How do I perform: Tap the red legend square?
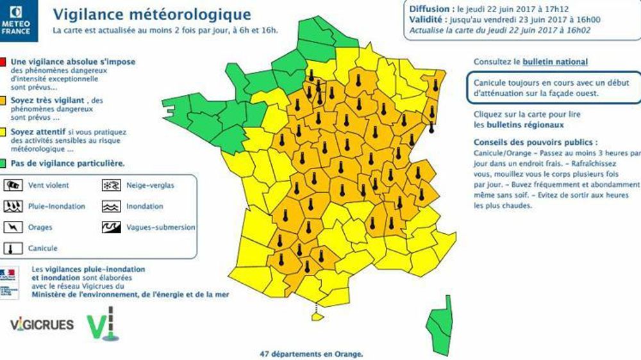(4, 62)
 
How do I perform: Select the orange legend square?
(4, 101)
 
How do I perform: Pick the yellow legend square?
(4, 132)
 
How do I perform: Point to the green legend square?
(4, 163)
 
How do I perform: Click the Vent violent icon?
(13, 186)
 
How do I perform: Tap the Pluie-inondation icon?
(13, 206)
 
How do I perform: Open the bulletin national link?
(554, 62)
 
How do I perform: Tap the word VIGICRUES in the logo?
(42, 324)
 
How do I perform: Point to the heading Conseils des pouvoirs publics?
(535, 142)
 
